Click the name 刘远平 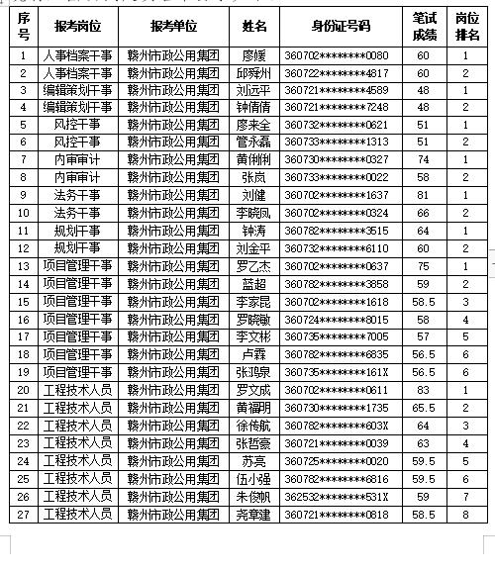[254, 90]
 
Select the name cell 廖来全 [254, 126]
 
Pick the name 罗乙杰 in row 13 [254, 266]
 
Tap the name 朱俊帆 [254, 497]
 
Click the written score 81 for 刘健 [423, 196]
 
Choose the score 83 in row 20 [423, 391]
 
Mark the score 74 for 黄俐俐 [423, 160]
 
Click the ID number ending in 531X [337, 497]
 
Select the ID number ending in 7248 [337, 108]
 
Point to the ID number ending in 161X [337, 373]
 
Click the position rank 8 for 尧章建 [466, 515]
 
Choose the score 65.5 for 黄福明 [423, 409]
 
